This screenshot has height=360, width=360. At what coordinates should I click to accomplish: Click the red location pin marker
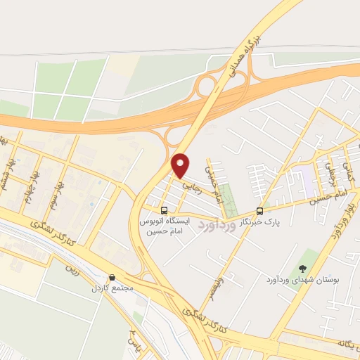(181, 165)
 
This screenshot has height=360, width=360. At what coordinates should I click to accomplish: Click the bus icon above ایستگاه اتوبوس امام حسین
(164, 210)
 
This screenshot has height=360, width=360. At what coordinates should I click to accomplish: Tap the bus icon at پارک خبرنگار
(259, 211)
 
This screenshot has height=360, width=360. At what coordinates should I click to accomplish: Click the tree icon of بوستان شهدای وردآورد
(302, 268)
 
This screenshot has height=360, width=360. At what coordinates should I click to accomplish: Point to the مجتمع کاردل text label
(106, 288)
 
